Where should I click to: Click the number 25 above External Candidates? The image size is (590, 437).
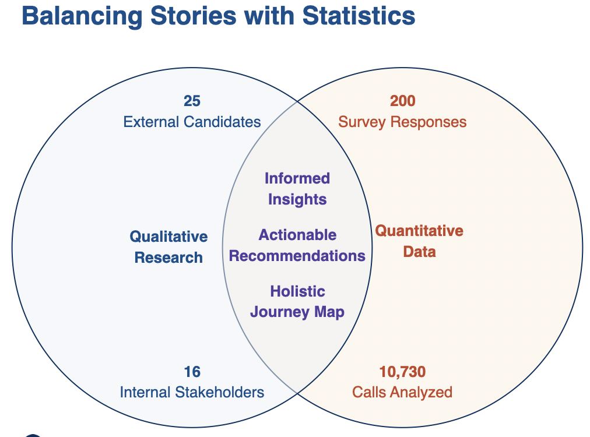(x=192, y=101)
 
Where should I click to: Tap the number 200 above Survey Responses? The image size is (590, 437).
(x=402, y=101)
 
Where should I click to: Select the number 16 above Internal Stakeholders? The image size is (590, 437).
(x=192, y=371)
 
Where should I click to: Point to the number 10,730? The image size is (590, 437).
(x=402, y=371)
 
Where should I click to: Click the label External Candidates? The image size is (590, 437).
(x=192, y=122)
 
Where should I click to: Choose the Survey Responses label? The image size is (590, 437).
(x=402, y=122)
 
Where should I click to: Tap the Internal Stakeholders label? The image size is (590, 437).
(x=192, y=392)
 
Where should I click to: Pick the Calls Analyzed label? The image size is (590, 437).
(x=402, y=392)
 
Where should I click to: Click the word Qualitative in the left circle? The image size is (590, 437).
(x=168, y=237)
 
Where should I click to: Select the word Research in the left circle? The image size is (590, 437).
(x=168, y=258)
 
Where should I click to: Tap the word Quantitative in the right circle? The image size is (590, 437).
(x=419, y=231)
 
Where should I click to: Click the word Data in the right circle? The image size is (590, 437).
(x=419, y=252)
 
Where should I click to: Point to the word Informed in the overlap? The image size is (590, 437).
(x=297, y=178)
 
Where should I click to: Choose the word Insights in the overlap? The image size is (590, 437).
(x=297, y=199)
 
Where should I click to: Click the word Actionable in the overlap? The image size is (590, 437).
(x=297, y=235)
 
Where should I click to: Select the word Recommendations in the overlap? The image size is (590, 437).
(x=297, y=256)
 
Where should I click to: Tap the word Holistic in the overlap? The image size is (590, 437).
(x=297, y=291)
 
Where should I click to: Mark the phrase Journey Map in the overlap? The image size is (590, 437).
(x=297, y=312)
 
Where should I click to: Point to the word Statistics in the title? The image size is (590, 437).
(x=359, y=16)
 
